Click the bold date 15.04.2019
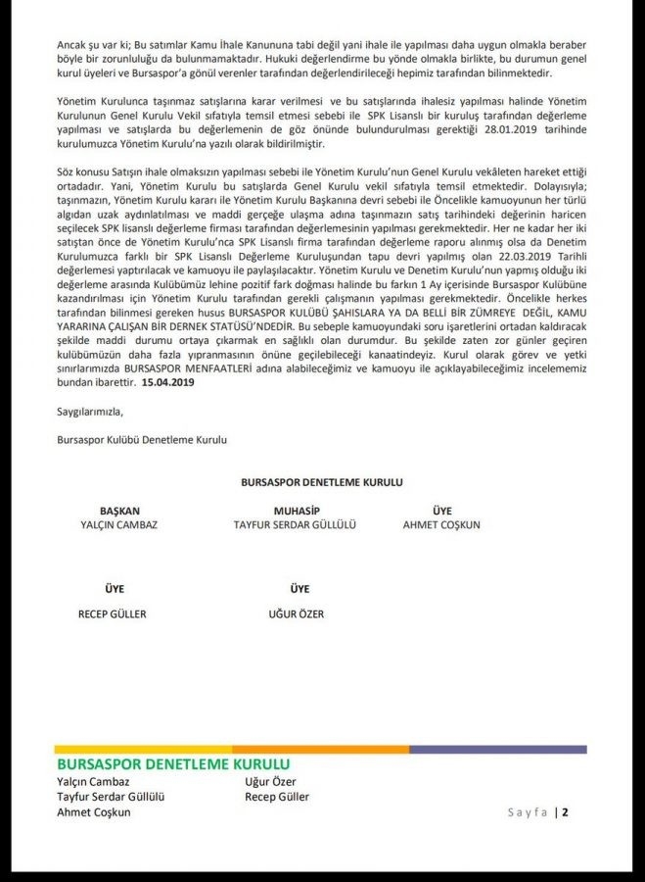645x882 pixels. click(171, 387)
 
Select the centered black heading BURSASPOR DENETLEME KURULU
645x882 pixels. click(321, 483)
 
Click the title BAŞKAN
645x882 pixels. click(119, 512)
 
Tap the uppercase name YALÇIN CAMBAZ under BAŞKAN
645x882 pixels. click(118, 525)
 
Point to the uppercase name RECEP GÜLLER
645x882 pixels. click(112, 614)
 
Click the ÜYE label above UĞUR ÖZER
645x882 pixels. click(299, 589)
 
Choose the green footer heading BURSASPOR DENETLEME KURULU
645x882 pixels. click(173, 764)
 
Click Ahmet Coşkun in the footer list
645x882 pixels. click(94, 812)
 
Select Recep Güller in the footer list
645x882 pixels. click(277, 797)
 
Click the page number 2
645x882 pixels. click(565, 811)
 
